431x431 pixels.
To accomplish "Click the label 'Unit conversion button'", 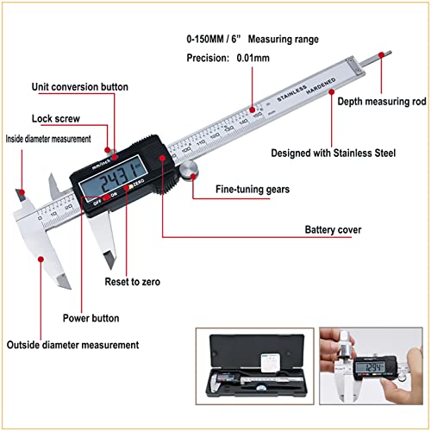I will coord(79,87).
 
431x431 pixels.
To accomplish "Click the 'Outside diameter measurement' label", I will coord(72,345).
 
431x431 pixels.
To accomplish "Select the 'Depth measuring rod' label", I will coord(382,102).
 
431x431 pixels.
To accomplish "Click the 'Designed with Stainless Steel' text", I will coord(334,153).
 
